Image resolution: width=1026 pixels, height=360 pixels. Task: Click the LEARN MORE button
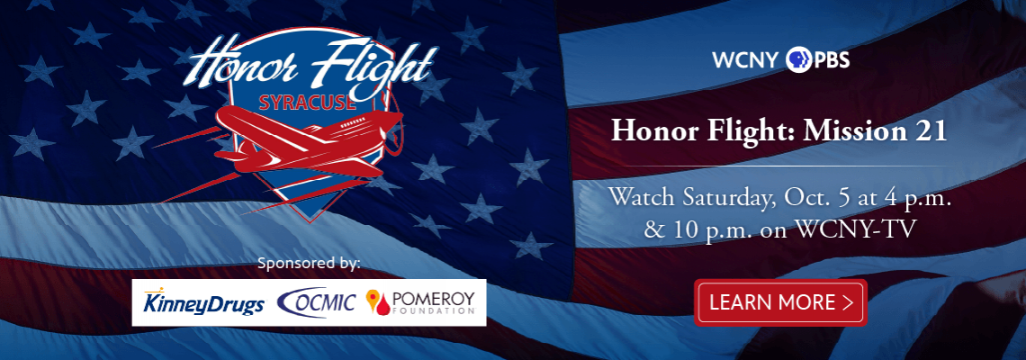780,301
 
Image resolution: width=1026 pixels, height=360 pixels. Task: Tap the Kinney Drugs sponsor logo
203,303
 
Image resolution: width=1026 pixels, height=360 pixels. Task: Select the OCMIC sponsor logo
317,301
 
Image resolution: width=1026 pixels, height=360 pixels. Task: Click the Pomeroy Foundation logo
420,301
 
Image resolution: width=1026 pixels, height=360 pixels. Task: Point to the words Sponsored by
309,264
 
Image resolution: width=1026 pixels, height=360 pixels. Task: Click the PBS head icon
798,59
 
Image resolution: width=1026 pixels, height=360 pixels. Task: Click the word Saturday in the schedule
725,197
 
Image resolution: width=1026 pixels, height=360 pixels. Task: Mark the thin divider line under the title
780,166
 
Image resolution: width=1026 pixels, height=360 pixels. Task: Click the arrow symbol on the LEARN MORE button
848,302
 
